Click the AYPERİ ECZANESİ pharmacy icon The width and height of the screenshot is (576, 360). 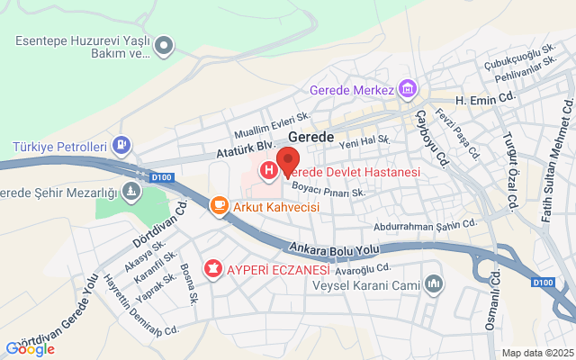pos(213,268)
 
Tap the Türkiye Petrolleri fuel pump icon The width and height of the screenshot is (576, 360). pos(122,146)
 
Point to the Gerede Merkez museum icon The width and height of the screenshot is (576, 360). pos(409,90)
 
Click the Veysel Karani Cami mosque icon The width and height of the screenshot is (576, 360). pos(435,285)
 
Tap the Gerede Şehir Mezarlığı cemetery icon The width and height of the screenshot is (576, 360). pos(132,192)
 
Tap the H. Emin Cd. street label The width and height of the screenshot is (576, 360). pos(486,100)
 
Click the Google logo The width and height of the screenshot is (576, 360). pos(30,349)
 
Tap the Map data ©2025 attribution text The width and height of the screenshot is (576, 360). pos(536,353)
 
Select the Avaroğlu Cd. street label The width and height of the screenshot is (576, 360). pos(363,268)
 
